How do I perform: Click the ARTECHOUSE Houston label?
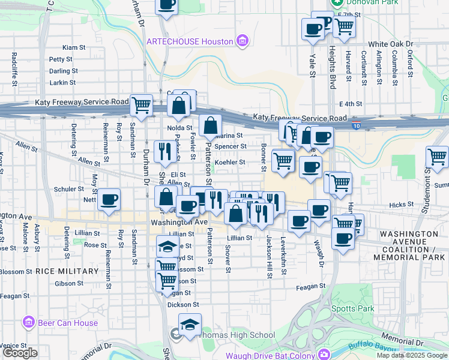189,41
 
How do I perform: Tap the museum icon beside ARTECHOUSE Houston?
242,41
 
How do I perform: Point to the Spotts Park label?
353,308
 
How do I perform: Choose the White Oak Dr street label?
391,44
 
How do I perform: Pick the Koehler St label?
231,162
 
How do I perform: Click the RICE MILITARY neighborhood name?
67,271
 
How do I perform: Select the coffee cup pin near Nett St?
109,200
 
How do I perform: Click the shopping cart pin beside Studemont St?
437,157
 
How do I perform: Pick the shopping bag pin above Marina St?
210,126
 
